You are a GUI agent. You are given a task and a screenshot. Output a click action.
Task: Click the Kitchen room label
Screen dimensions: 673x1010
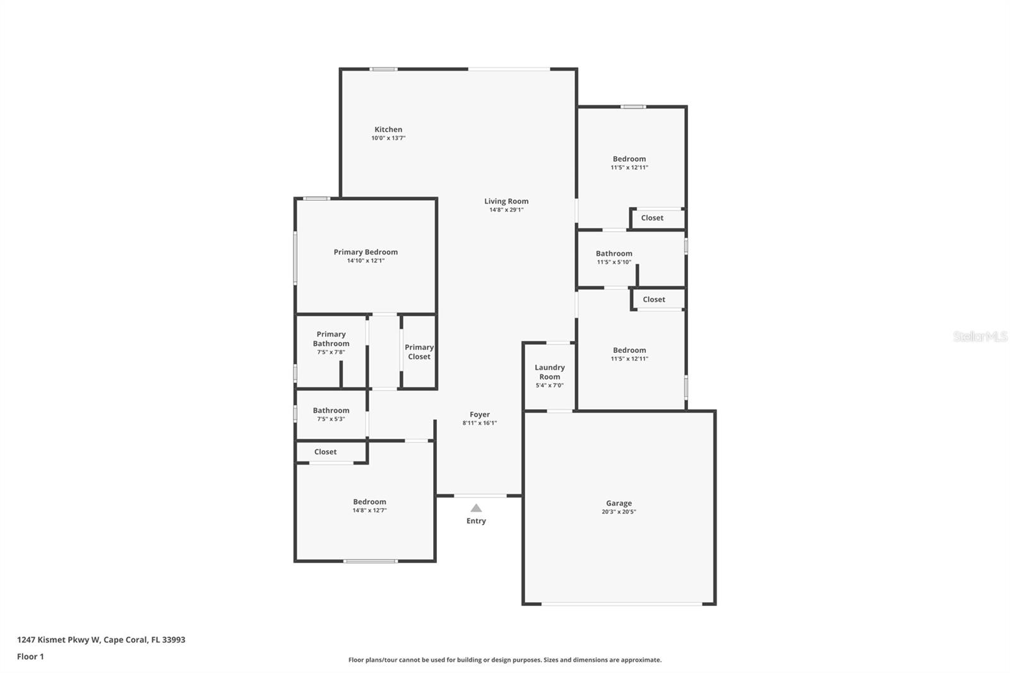click(388, 129)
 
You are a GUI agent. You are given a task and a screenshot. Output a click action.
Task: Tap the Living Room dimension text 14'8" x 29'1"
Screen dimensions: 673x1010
click(506, 210)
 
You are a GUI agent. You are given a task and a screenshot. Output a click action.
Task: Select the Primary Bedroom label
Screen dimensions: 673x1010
click(365, 252)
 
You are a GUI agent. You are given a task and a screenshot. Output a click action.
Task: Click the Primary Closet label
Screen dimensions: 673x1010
click(419, 352)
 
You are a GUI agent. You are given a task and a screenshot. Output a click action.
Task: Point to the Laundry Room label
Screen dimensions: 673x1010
click(549, 372)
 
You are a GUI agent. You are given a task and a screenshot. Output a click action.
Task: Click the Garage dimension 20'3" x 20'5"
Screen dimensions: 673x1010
click(619, 512)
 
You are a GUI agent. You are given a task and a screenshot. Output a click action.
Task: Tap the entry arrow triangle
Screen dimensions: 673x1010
click(476, 508)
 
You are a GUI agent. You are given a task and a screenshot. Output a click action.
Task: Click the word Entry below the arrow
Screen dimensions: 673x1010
click(476, 521)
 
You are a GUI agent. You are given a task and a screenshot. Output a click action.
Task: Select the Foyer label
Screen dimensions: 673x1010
click(480, 415)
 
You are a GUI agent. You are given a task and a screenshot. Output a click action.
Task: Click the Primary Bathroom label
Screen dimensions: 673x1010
click(331, 339)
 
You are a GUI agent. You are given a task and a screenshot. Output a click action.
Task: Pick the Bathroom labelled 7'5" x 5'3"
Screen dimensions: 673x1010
click(331, 410)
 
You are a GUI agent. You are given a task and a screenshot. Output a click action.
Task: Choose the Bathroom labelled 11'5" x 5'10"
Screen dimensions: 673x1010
click(614, 253)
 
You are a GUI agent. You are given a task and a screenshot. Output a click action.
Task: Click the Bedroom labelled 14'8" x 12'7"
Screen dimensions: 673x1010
click(369, 502)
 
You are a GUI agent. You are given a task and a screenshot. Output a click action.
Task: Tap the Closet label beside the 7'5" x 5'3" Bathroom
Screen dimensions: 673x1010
click(325, 452)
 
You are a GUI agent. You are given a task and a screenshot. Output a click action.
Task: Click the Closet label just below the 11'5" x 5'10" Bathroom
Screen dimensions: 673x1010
click(654, 299)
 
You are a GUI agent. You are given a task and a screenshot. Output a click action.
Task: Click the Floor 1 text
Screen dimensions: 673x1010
click(30, 657)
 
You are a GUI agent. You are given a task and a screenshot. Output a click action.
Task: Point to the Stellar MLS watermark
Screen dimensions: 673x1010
click(980, 336)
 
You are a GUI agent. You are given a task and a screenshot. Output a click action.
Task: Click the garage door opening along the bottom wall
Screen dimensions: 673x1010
click(622, 604)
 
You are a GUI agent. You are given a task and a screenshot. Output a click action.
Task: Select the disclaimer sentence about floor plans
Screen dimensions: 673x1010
click(505, 660)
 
